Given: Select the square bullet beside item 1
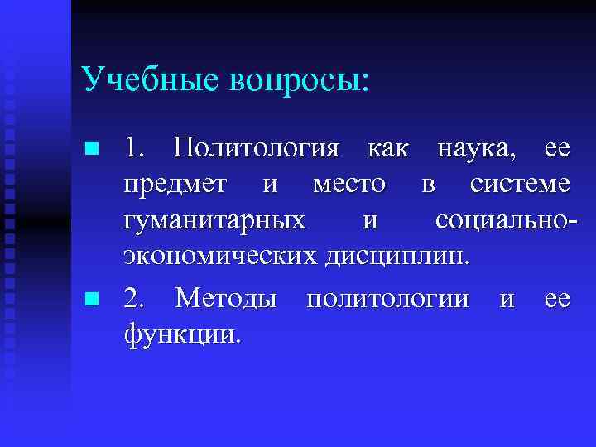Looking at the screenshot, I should pos(93,149).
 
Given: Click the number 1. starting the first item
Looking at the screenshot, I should pos(136,149).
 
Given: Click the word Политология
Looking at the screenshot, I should pos(257,150).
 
